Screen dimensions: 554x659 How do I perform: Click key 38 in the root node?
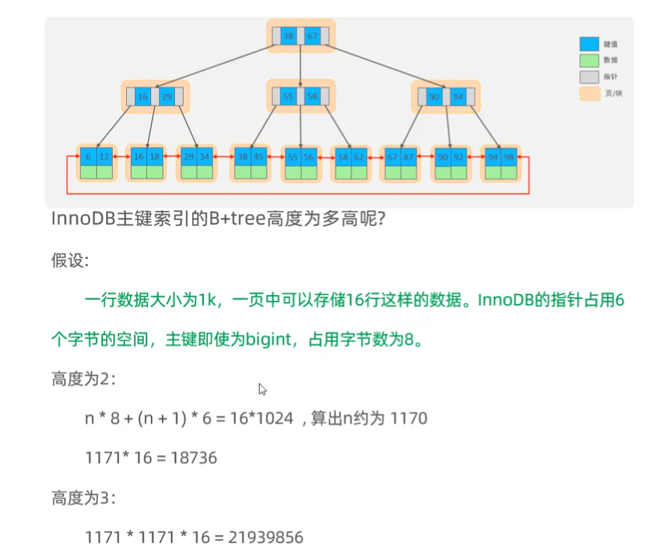(289, 36)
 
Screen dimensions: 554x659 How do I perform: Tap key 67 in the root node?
(313, 36)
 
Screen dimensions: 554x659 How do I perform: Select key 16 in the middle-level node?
(142, 97)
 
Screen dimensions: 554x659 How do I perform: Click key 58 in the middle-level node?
(313, 96)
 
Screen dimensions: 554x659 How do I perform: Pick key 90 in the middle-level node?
(434, 97)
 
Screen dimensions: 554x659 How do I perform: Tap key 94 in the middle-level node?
(458, 97)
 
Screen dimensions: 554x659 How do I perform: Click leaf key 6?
(88, 157)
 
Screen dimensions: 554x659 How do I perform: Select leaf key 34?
(205, 157)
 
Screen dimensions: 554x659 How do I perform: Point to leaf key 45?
(259, 157)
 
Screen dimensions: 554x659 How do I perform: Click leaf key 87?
(409, 157)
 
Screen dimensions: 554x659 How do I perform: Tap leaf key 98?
(509, 157)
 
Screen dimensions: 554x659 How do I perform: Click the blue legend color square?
(588, 44)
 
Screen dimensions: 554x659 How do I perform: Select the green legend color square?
(588, 60)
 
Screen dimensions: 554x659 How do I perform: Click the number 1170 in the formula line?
(409, 418)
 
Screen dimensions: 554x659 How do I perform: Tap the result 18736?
(194, 458)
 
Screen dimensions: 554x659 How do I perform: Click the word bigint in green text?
(269, 339)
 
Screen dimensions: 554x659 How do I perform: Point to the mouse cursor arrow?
(262, 389)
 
